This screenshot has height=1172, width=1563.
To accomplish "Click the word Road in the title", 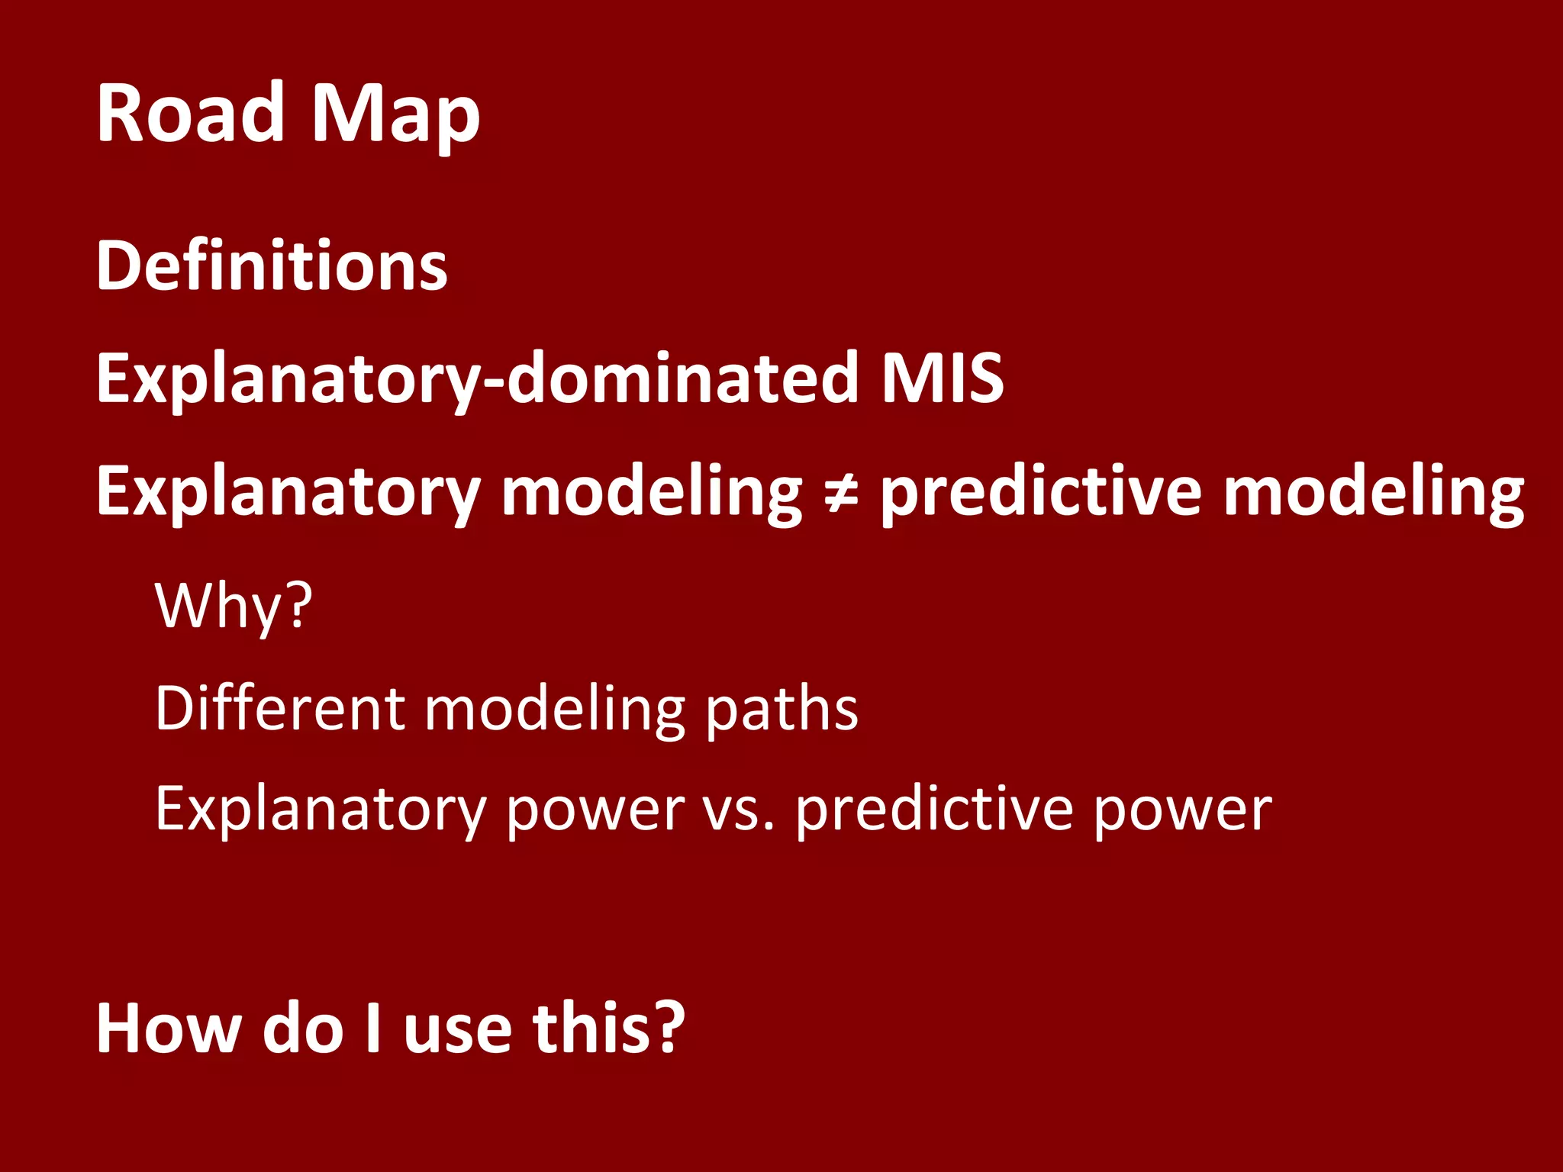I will tap(190, 113).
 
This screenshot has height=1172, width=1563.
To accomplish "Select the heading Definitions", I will tap(272, 266).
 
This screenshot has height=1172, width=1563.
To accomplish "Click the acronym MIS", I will tap(942, 378).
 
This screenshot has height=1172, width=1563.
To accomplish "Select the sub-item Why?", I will tap(234, 606).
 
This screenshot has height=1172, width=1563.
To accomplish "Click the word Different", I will tap(279, 708).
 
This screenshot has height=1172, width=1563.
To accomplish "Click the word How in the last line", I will tap(169, 1029).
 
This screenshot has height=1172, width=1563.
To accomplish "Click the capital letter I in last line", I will tap(373, 1029).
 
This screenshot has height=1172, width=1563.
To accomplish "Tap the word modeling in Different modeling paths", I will tap(554, 710).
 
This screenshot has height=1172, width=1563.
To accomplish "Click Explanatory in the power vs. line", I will tap(320, 810).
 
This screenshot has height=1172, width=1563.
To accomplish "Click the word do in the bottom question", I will tap(303, 1029).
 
